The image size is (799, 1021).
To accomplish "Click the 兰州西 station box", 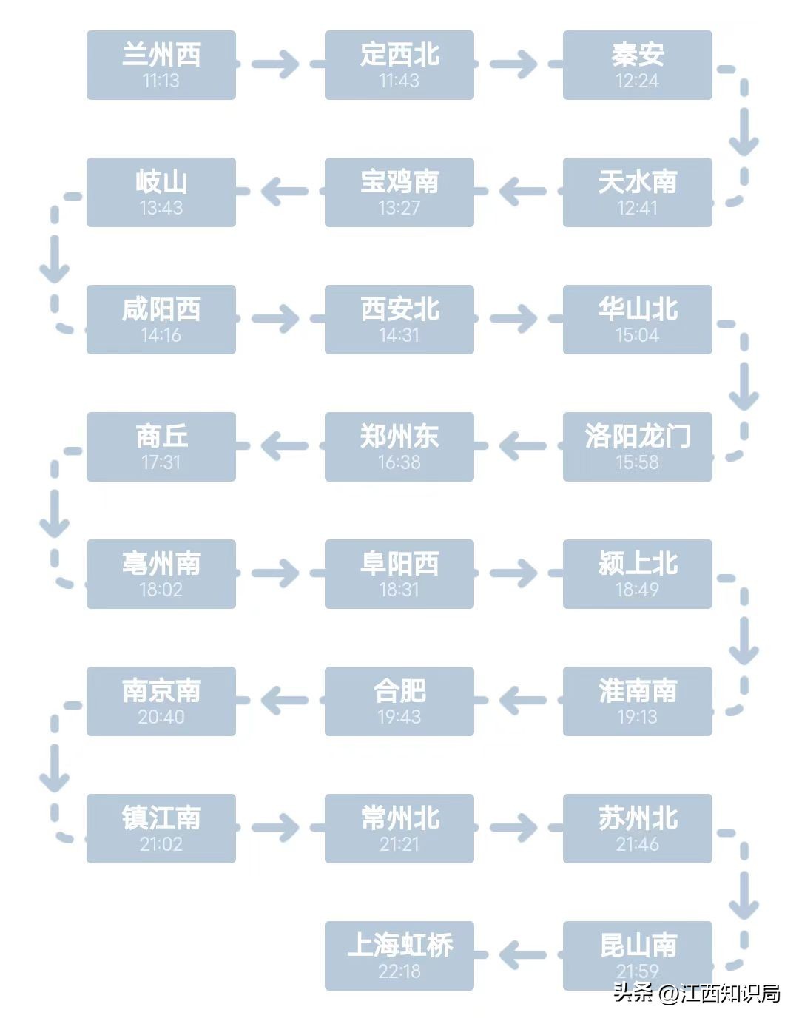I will tap(161, 65).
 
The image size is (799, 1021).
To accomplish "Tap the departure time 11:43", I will tap(399, 81).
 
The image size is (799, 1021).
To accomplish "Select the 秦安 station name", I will tap(637, 54).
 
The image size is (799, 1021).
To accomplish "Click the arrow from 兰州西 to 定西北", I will tap(275, 64).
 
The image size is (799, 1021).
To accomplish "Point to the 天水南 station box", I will tap(637, 192).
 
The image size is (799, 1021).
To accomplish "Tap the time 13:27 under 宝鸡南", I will tap(399, 208).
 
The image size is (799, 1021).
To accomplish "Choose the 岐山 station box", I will tap(161, 192).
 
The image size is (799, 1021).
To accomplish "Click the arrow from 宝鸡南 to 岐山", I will tap(284, 192).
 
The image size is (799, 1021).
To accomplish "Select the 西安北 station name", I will tap(399, 309).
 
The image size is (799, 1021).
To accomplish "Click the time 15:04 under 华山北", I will tap(637, 335).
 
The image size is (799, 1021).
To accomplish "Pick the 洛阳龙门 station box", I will tap(637, 447).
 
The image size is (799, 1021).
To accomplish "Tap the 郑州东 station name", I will tap(399, 436).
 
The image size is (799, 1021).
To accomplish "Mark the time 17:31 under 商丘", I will tap(161, 462).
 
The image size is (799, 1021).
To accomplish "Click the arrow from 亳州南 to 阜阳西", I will tap(275, 573).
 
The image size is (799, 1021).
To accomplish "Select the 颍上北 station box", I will tap(637, 574).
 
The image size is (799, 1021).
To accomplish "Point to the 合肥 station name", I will tap(399, 690).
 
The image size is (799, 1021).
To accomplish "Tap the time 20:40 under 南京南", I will tap(161, 717).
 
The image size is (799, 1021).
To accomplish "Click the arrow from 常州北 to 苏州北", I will tap(513, 828).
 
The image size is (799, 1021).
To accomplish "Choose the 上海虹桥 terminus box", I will tap(399, 956).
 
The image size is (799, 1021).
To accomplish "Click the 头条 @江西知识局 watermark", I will tap(696, 993).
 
